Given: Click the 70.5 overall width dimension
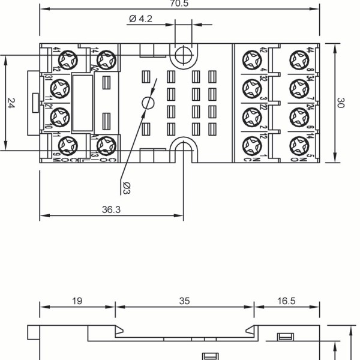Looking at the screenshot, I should tap(179, 4).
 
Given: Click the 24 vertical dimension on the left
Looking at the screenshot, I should tap(11, 103).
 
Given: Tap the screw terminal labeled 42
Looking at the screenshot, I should tap(250, 59).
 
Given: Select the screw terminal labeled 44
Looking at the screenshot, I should tap(298, 59).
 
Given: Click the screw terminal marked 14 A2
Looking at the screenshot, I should tap(106, 59).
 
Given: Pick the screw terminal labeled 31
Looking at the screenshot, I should tap(60, 89).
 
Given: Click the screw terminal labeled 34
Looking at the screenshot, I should tap(298, 88).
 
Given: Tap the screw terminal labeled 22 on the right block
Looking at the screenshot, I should tap(250, 115).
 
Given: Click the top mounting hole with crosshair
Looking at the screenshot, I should tap(183, 55).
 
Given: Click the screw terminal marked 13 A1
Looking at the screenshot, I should tap(106, 144).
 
